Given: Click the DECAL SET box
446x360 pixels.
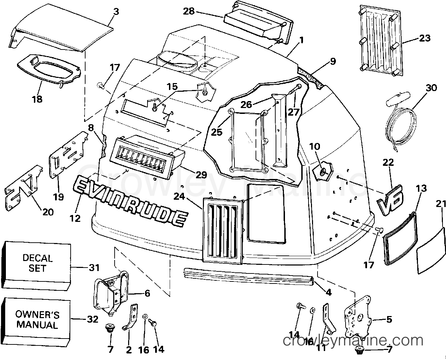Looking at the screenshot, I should tap(37, 263).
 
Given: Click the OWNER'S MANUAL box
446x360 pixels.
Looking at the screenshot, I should tap(37, 320).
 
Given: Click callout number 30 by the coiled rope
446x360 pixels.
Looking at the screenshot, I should tap(431, 88).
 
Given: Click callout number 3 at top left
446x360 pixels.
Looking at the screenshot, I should tap(116, 11).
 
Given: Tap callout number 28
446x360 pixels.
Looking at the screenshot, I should tap(189, 11).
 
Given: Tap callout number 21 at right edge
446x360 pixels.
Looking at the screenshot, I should tap(440, 204).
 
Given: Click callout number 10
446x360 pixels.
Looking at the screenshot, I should tap(314, 147).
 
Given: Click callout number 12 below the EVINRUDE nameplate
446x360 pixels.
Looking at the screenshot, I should tap(75, 218).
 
